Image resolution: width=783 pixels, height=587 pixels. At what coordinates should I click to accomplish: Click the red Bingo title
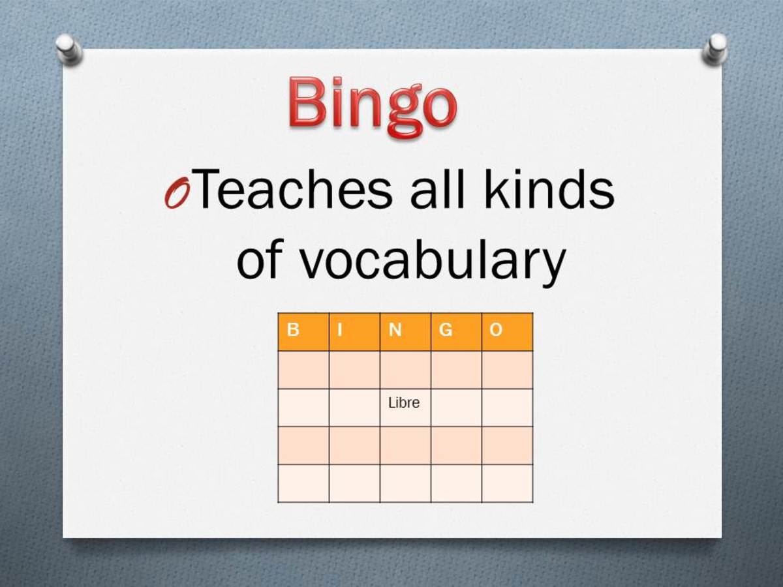pyautogui.click(x=372, y=104)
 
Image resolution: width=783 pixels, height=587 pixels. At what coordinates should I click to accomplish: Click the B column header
pyautogui.click(x=294, y=331)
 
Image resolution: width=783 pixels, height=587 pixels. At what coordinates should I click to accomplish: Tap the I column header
pyautogui.click(x=339, y=331)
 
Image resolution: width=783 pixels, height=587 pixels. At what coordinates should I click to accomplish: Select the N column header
pyautogui.click(x=395, y=331)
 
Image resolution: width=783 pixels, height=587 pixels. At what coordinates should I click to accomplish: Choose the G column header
pyautogui.click(x=446, y=331)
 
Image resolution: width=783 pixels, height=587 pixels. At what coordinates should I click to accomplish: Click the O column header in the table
pyautogui.click(x=497, y=331)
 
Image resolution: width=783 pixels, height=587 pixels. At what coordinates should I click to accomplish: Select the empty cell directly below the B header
pyautogui.click(x=303, y=370)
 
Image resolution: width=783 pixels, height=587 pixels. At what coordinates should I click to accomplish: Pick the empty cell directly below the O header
pyautogui.click(x=507, y=370)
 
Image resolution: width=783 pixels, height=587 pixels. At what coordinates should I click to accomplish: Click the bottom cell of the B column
pyautogui.click(x=303, y=483)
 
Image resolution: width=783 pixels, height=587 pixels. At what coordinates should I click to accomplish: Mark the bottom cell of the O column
pyautogui.click(x=507, y=483)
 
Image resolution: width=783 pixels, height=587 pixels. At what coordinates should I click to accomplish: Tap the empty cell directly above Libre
pyautogui.click(x=405, y=370)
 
